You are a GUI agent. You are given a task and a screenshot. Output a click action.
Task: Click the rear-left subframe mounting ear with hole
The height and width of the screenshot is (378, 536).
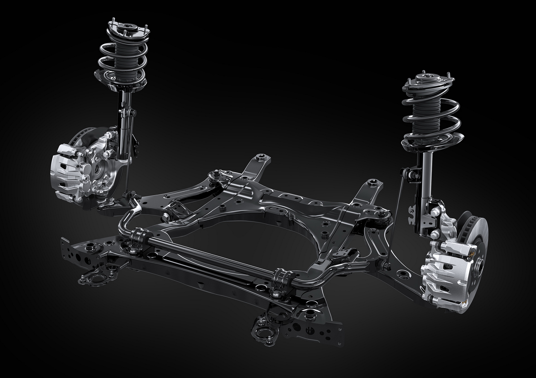[x=261, y=158]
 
